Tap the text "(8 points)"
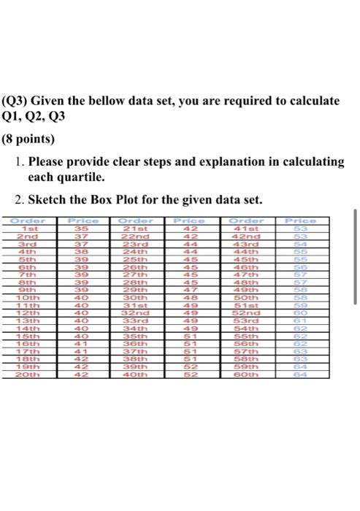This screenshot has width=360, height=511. [28, 138]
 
